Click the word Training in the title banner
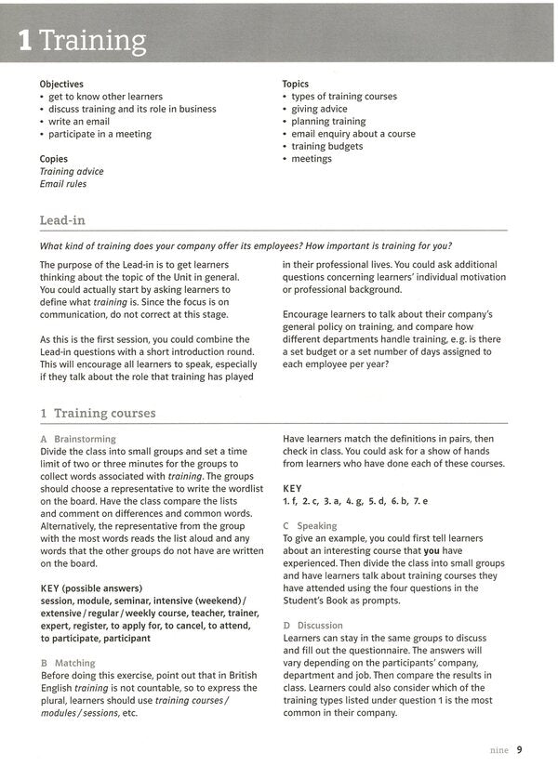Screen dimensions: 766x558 (93, 42)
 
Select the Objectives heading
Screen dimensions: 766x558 (61, 84)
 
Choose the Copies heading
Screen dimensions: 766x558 (54, 159)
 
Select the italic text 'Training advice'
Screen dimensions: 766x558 (72, 172)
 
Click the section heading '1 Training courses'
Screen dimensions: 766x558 (98, 413)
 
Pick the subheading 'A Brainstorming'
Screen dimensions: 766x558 (78, 439)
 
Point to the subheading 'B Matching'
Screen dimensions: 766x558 (68, 663)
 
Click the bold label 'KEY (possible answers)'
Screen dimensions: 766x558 (91, 588)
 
